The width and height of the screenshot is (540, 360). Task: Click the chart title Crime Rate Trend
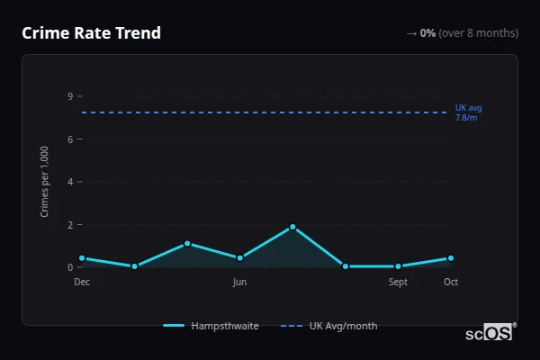(x=91, y=33)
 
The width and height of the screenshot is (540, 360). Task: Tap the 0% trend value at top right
(x=427, y=33)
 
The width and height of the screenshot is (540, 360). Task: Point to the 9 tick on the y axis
(x=69, y=96)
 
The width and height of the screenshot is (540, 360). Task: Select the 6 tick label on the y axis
(x=69, y=139)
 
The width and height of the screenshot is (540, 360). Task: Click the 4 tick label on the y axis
(x=69, y=182)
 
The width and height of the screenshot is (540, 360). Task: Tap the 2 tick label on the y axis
(x=69, y=224)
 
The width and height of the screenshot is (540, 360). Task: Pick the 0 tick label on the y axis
(x=69, y=267)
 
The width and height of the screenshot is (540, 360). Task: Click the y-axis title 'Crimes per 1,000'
(x=45, y=181)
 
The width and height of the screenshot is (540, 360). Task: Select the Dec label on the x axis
(x=82, y=283)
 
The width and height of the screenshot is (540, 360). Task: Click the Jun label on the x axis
(x=239, y=283)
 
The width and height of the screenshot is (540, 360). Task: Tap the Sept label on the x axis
(x=398, y=283)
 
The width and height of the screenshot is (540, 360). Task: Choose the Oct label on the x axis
(x=451, y=283)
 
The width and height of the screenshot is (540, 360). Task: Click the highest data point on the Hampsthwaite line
(x=292, y=227)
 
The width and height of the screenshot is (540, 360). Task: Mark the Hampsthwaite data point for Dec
(x=82, y=258)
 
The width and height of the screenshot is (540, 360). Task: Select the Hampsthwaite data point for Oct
(x=451, y=258)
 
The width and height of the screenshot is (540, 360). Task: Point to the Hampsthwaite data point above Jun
(x=239, y=258)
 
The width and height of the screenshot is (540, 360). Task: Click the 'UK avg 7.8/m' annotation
(x=468, y=112)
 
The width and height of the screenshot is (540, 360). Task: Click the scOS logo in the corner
(x=490, y=333)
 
